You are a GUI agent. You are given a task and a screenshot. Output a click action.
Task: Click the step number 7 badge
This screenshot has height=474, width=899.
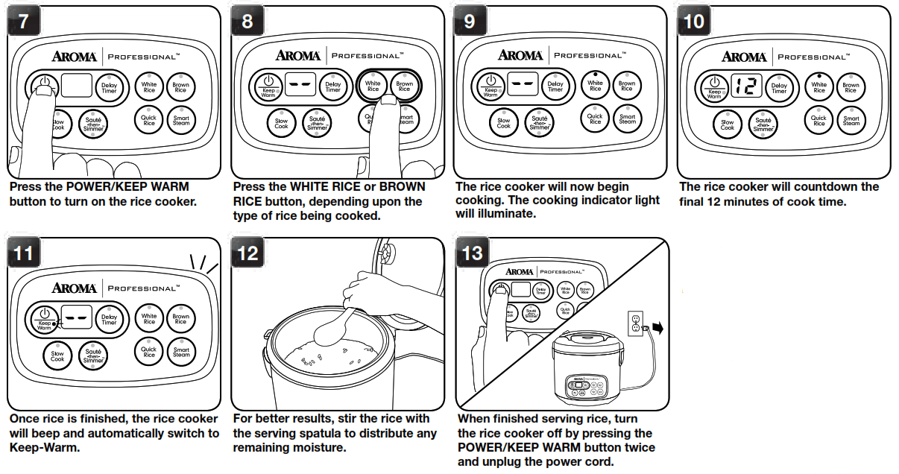click(x=24, y=22)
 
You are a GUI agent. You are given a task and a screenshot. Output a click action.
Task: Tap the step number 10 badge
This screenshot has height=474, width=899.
click(x=693, y=22)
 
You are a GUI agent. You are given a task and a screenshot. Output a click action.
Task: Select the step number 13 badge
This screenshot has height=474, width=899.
click(x=472, y=253)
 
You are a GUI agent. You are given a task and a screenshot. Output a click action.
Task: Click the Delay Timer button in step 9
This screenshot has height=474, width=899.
click(x=555, y=87)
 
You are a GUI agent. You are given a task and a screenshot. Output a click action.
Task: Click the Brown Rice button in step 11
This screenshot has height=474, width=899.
click(x=181, y=319)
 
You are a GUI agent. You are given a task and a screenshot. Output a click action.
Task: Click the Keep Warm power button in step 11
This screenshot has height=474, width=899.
click(x=44, y=318)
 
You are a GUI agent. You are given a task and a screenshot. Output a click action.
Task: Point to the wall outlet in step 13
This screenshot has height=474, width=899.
click(x=635, y=321)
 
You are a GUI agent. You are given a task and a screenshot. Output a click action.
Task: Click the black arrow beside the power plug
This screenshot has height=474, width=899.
click(x=657, y=327)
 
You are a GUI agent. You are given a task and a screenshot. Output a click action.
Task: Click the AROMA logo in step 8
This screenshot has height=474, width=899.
click(x=297, y=56)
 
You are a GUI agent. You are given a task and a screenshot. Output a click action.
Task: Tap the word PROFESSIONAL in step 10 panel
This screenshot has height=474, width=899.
click(x=813, y=57)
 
